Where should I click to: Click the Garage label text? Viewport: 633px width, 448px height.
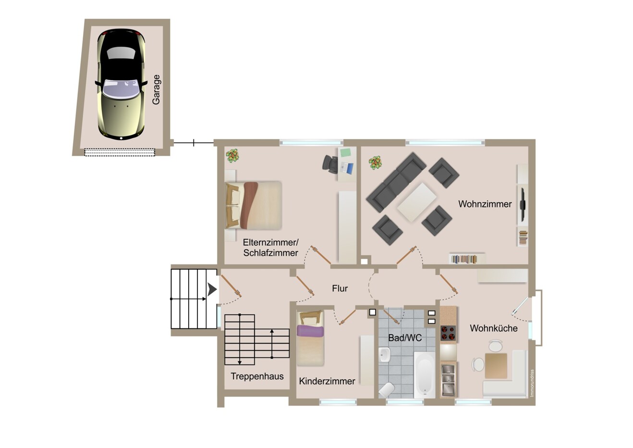click(156, 90)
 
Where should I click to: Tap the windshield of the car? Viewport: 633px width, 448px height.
click(121, 89)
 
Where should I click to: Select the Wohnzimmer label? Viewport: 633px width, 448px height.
click(485, 204)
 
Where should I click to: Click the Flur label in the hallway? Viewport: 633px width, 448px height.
click(340, 288)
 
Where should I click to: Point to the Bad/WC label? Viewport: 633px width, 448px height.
click(405, 338)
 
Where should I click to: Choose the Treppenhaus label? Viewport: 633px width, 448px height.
click(257, 376)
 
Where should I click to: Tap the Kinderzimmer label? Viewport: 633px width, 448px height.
click(327, 381)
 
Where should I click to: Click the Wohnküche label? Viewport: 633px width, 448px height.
click(494, 328)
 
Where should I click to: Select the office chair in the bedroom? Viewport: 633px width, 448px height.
click(330, 164)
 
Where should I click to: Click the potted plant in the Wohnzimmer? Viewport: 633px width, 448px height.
click(375, 163)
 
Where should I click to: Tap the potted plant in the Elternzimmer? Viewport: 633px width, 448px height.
click(232, 156)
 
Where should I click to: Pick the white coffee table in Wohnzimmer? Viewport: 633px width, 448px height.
click(417, 202)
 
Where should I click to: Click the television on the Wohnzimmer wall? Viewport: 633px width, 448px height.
click(523, 204)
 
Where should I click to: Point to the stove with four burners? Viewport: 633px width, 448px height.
click(448, 333)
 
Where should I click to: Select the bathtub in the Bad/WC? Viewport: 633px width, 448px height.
click(425, 374)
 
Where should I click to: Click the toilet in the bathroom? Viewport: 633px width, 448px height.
click(386, 390)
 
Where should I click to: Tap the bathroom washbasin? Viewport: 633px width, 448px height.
click(385, 355)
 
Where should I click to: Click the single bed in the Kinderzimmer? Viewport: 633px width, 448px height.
click(311, 338)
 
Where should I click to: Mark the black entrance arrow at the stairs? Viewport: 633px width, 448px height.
click(212, 290)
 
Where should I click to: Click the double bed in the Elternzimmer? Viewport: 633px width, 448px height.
click(254, 205)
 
